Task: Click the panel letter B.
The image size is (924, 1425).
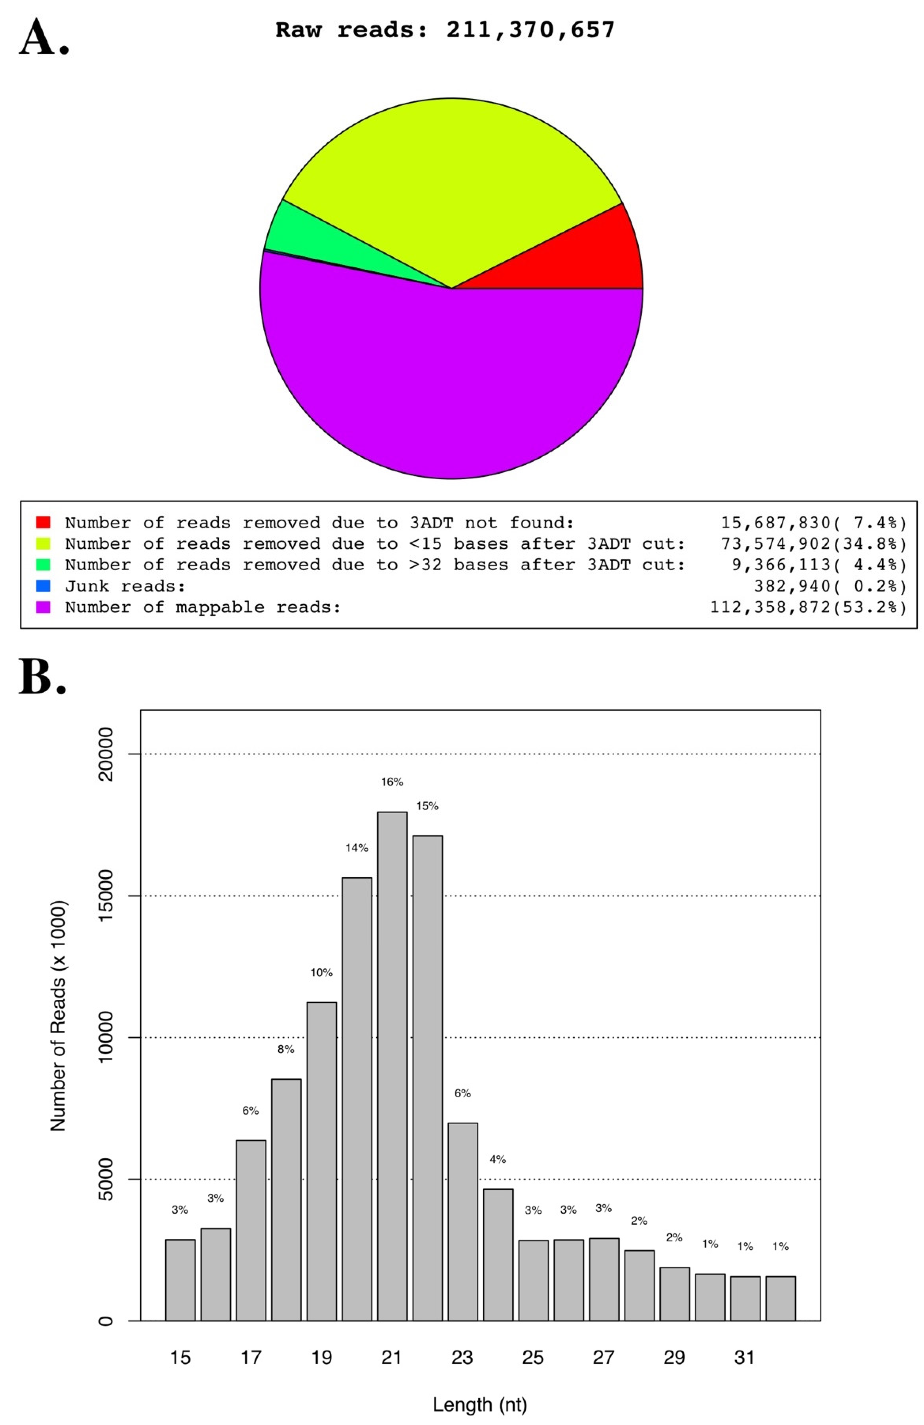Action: coord(42,677)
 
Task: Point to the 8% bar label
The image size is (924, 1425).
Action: coord(286,1049)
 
